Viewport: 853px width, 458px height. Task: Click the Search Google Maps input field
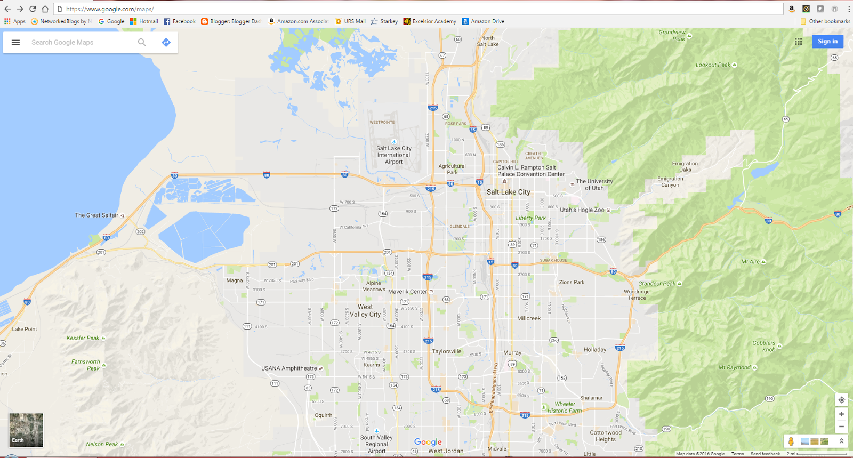point(80,43)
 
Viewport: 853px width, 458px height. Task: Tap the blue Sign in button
point(827,42)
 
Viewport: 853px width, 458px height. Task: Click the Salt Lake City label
point(508,192)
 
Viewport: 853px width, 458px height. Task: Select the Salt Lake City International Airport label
point(393,155)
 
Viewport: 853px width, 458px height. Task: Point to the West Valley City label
point(365,311)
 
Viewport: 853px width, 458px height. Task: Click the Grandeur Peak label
point(657,284)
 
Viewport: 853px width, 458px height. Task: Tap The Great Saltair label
point(96,215)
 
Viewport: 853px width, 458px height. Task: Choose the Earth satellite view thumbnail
point(26,430)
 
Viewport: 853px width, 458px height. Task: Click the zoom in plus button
point(841,414)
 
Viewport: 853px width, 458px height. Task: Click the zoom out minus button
point(841,427)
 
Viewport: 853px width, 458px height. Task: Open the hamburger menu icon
point(15,43)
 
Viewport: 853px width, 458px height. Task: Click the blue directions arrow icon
point(166,43)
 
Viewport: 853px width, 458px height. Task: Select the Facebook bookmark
point(180,21)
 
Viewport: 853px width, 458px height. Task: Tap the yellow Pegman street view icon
point(791,441)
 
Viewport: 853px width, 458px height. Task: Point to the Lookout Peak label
point(713,65)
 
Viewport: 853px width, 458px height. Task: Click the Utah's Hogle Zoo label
point(582,210)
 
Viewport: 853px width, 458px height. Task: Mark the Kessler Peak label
point(83,338)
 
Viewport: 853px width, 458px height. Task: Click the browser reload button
point(33,9)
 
